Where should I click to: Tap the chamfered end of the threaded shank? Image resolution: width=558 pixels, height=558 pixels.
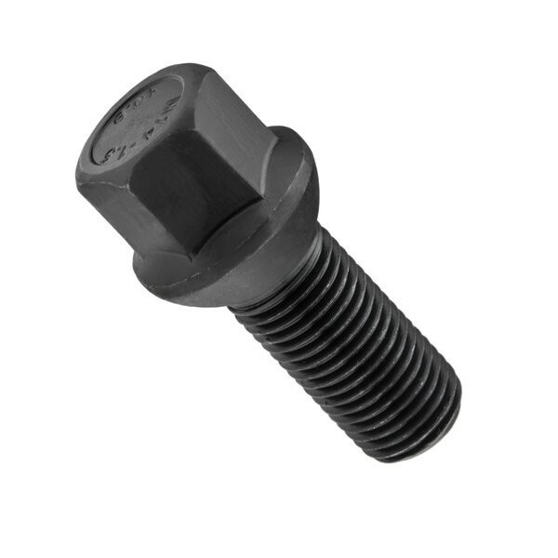coord(446,423)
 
